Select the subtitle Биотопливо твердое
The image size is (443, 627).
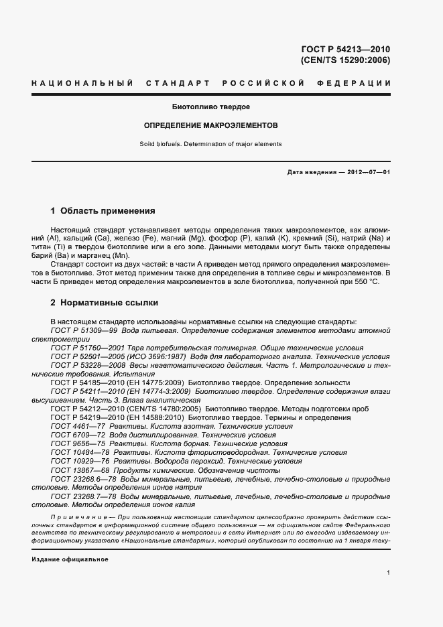[211, 107]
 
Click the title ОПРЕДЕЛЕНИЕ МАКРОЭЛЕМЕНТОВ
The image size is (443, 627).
[211, 125]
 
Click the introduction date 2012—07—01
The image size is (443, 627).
[367, 172]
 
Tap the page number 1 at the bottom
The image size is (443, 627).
[389, 573]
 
